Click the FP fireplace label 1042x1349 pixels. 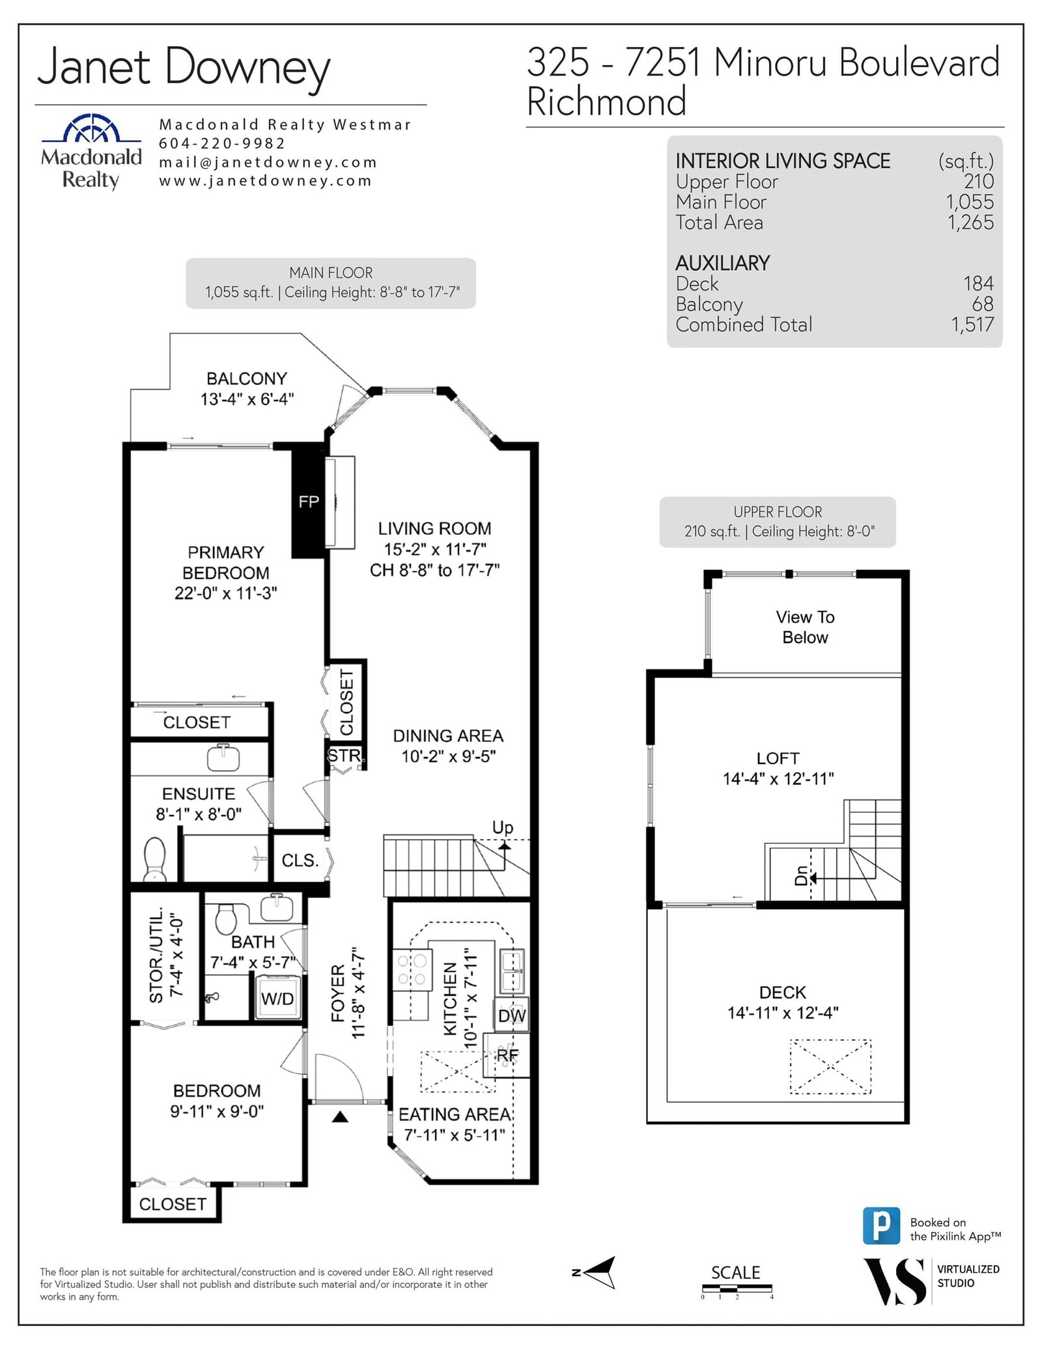pos(309,502)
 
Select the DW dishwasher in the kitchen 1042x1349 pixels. pos(512,1015)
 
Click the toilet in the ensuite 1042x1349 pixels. pos(154,859)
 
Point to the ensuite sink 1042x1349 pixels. pos(223,757)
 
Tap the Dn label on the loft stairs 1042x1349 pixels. pos(801,875)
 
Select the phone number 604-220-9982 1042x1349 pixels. pos(222,143)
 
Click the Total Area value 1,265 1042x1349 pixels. pos(970,223)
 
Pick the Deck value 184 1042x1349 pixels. pos(978,283)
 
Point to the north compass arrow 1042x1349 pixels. pos(600,1271)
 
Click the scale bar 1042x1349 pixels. pos(737,1288)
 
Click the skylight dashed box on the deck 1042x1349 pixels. pos(830,1066)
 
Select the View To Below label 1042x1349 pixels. pos(805,627)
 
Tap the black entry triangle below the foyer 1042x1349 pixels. pos(340,1117)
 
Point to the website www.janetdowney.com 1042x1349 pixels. pos(265,181)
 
